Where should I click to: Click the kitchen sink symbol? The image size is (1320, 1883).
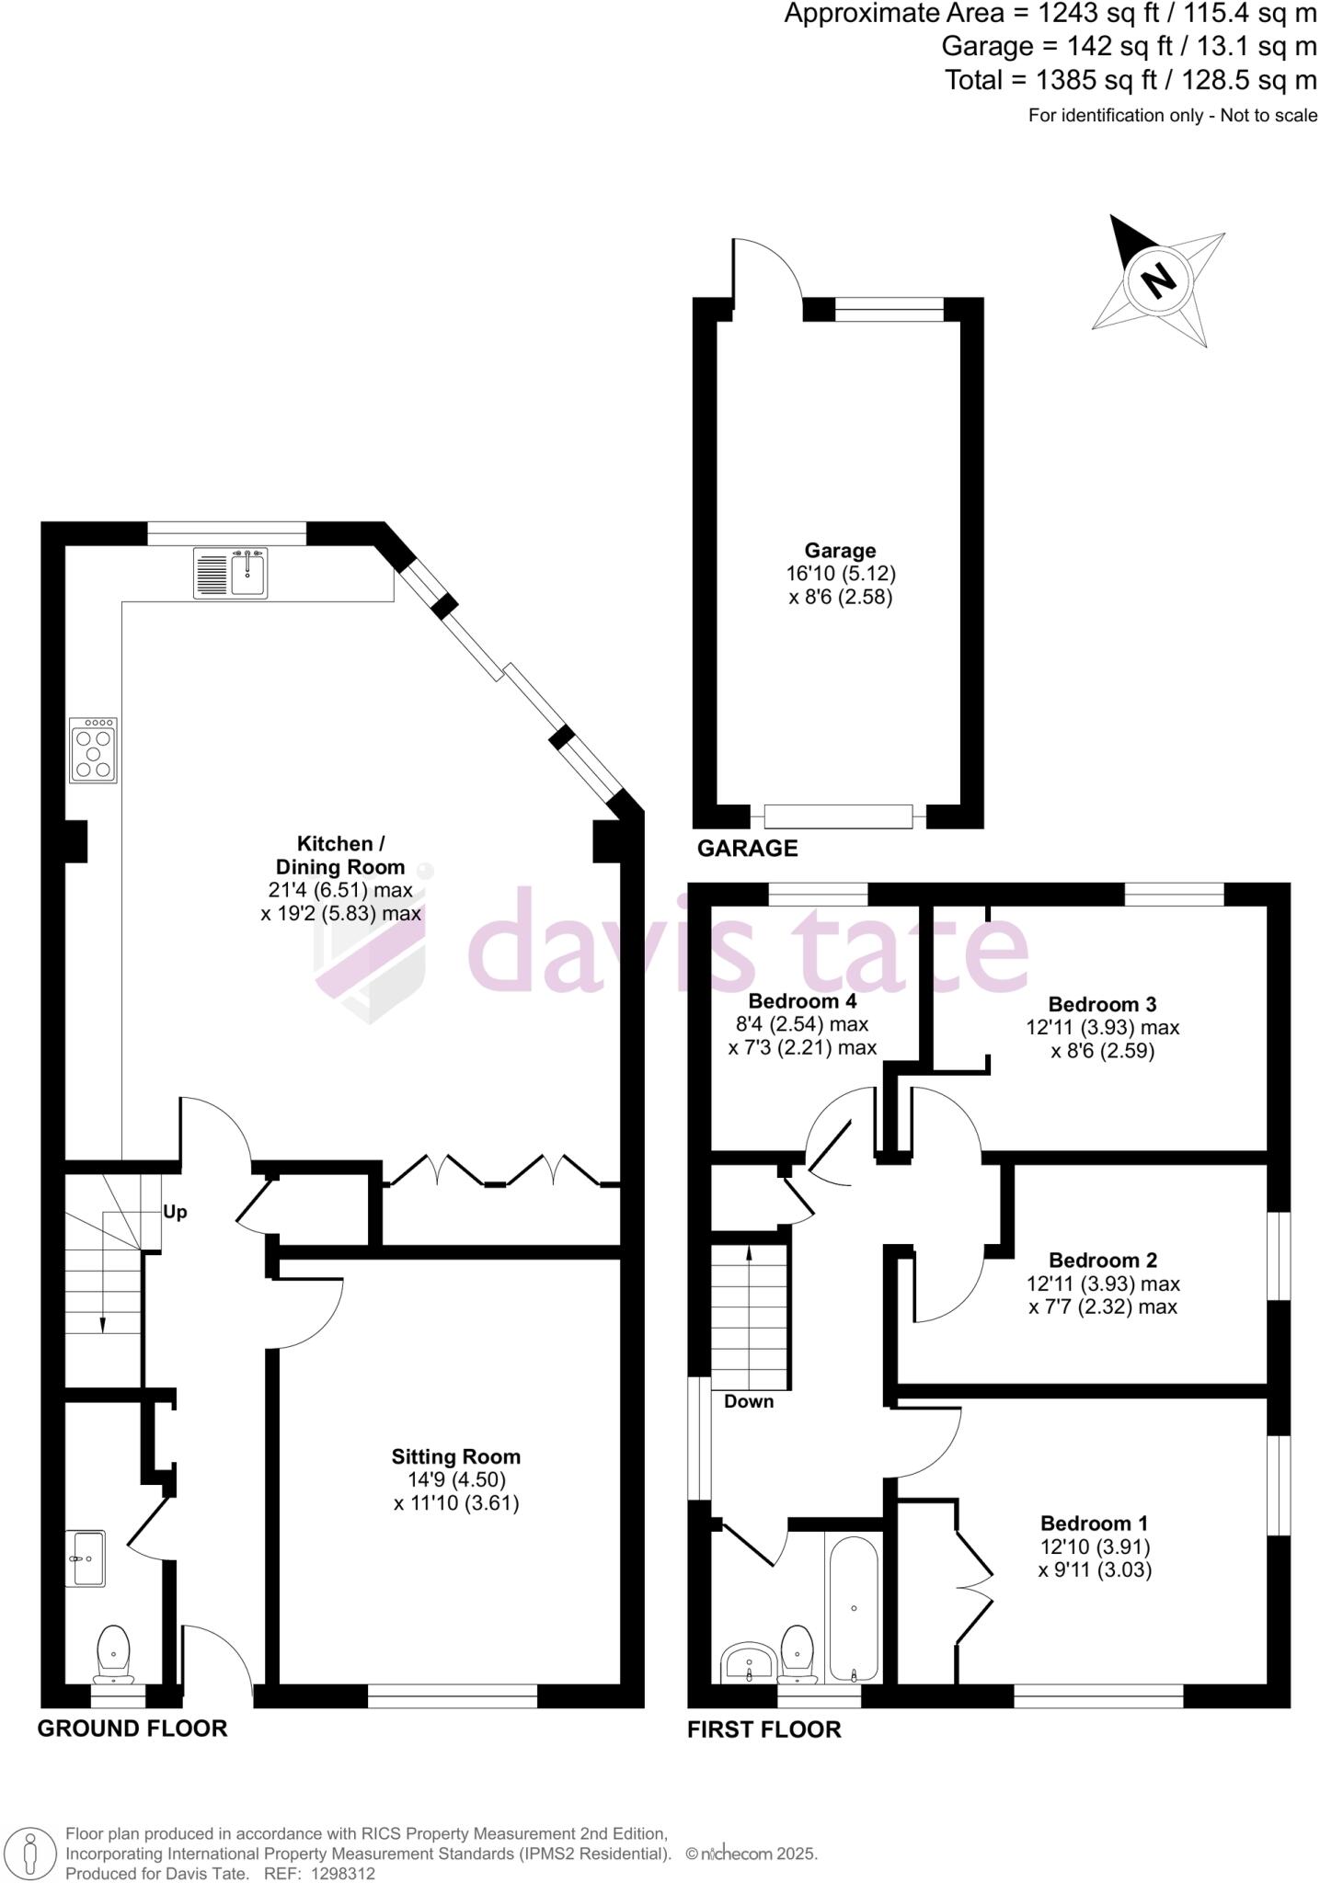tap(231, 573)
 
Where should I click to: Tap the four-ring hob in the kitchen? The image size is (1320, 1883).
tap(94, 750)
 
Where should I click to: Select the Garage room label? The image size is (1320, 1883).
tap(840, 551)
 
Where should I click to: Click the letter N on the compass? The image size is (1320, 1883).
tap(1159, 279)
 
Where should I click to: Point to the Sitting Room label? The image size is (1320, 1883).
tap(456, 1456)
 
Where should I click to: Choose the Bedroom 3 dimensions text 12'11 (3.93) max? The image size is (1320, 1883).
tap(1102, 1027)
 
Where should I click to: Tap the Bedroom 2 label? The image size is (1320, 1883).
tap(1102, 1260)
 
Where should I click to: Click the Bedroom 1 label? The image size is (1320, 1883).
tap(1095, 1524)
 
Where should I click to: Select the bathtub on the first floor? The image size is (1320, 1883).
tap(854, 1608)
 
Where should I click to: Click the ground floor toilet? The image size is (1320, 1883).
tap(113, 1657)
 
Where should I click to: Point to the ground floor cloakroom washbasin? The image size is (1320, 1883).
tap(86, 1558)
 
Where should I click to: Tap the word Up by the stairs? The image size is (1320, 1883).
tap(175, 1212)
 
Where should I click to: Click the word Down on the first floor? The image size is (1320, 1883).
tap(749, 1401)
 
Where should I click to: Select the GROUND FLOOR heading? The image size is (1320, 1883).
tap(132, 1729)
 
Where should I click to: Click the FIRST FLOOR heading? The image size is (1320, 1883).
tap(763, 1729)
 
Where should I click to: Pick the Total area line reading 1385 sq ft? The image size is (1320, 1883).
tap(1131, 80)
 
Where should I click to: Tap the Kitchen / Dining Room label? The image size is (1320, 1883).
tap(340, 855)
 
